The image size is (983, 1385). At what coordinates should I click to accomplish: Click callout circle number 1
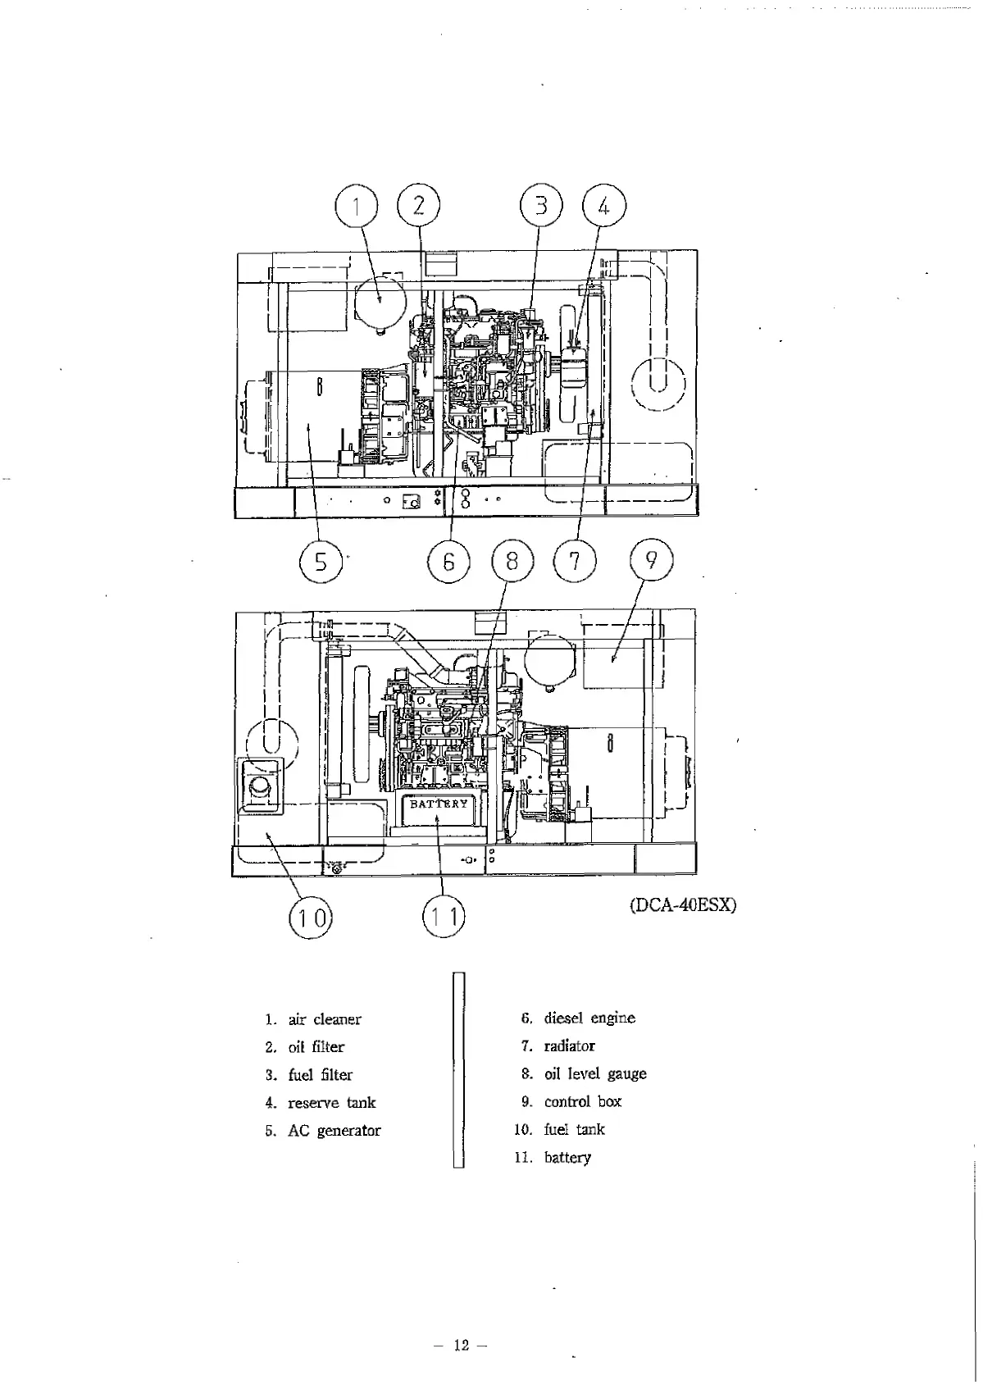click(x=357, y=206)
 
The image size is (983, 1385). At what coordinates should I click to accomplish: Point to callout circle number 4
click(x=603, y=206)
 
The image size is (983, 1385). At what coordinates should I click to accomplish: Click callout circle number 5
click(x=320, y=562)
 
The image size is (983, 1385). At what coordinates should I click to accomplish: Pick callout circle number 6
click(x=448, y=562)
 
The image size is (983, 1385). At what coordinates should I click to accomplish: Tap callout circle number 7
click(x=575, y=562)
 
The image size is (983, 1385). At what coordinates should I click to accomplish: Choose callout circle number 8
click(x=512, y=562)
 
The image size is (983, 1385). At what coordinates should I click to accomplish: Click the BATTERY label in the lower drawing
click(x=439, y=804)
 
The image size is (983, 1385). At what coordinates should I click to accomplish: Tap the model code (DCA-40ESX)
click(x=683, y=905)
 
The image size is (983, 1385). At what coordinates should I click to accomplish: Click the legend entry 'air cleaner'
click(x=324, y=1019)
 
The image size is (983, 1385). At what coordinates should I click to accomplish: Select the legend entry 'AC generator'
click(x=334, y=1131)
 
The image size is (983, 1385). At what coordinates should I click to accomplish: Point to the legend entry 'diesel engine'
click(x=589, y=1018)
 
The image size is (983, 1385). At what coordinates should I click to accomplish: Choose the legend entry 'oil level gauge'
click(x=594, y=1074)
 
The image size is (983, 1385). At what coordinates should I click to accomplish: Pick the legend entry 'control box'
click(x=582, y=1102)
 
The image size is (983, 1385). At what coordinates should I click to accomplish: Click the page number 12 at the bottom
click(x=461, y=1345)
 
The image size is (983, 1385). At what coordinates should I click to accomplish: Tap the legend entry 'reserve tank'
click(x=331, y=1103)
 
